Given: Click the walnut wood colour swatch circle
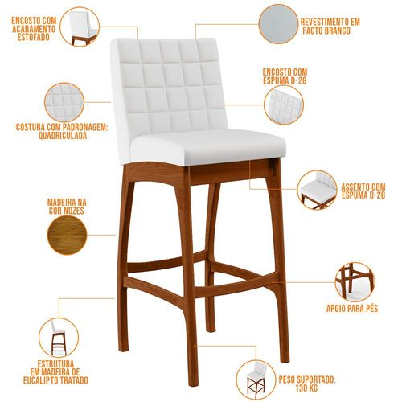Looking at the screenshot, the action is tap(67, 235).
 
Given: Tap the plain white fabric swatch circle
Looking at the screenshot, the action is tap(278, 24).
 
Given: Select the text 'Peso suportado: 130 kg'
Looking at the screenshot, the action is tap(307, 384).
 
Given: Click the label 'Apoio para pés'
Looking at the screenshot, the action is tap(352, 309).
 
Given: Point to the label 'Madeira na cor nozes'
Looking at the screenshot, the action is tap(67, 207).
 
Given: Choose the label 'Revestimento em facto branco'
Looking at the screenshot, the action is tap(330, 26).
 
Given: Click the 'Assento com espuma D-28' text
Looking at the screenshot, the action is tap(363, 191).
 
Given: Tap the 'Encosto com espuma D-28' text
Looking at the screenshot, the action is tap(285, 76).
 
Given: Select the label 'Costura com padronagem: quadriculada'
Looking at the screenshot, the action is tap(62, 131).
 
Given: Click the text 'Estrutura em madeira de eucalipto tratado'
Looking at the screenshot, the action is tap(55, 372).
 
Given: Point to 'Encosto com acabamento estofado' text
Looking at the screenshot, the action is tap(34, 29).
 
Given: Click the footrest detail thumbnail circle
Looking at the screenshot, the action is tap(355, 282).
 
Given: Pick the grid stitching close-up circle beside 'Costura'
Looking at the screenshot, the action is tap(64, 102).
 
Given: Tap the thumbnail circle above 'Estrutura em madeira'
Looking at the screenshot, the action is tap(59, 337).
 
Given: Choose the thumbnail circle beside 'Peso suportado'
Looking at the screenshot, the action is tap(256, 380).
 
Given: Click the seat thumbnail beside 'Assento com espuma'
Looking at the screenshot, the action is tap(318, 190).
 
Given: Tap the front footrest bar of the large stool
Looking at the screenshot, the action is tap(236, 285).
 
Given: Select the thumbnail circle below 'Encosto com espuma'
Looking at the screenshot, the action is tap(284, 105).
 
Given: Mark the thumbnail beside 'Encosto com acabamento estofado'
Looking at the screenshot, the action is tap(80, 27).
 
